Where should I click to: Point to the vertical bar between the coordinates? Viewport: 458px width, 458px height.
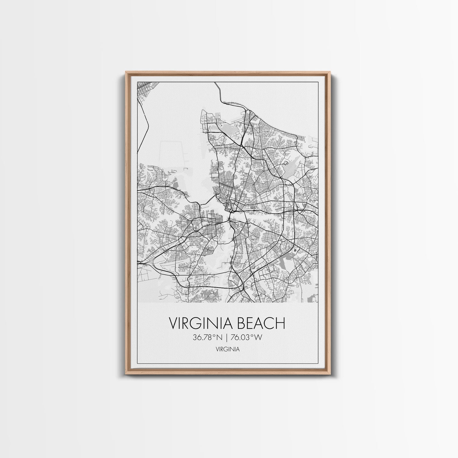pos(227,337)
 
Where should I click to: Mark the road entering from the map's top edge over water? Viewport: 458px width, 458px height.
pos(219,92)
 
